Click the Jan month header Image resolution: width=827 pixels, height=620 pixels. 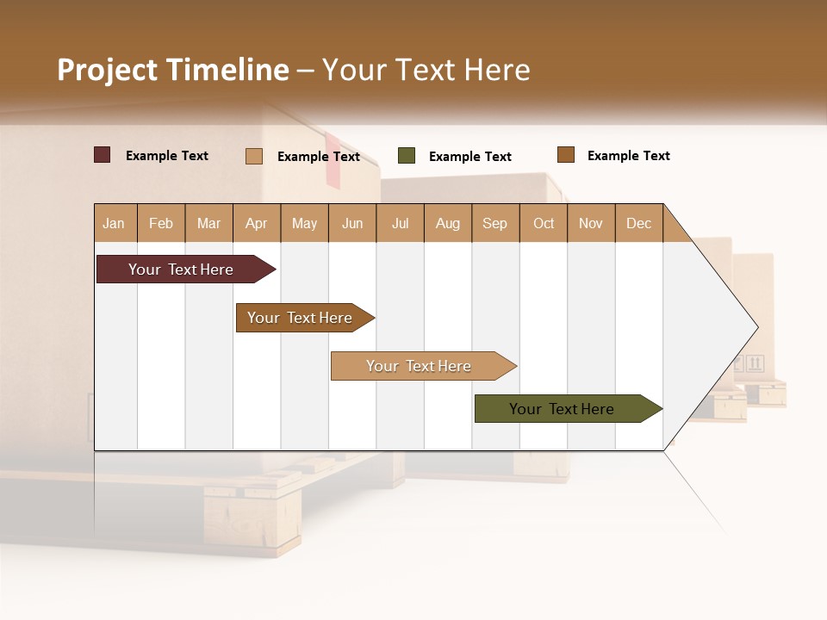pos(114,223)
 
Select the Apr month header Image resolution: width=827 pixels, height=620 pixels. pos(256,223)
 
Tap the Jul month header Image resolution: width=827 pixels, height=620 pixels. pos(400,223)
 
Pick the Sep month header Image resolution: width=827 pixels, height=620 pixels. pos(494,223)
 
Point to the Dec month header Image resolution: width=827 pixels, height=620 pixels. pos(638,223)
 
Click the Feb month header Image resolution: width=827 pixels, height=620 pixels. pos(161,223)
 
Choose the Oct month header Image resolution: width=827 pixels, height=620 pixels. pos(544,223)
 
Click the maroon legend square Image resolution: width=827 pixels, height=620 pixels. pos(103,155)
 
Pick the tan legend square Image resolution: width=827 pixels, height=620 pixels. pos(254,156)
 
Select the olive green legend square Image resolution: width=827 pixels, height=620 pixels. pos(407,156)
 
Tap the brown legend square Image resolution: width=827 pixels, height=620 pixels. pos(565,155)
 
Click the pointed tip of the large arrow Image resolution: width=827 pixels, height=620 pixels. pos(756,327)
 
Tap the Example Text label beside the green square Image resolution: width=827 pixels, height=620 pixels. pos(469,157)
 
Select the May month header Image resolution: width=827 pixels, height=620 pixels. pos(304,223)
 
